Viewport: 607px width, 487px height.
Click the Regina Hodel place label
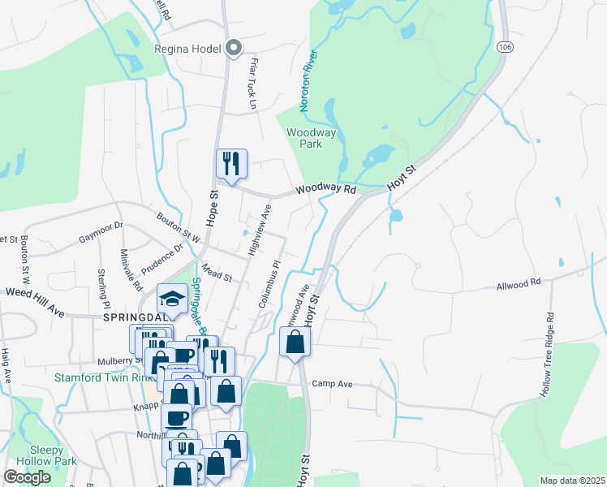point(187,49)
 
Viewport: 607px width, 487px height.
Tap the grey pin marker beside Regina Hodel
point(235,49)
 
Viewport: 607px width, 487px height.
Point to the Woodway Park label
point(305,137)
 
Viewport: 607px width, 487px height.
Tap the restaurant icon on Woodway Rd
point(231,165)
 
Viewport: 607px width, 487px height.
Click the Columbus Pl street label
point(269,283)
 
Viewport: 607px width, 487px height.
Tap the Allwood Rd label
point(519,286)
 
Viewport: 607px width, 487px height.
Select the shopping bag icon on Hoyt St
point(295,343)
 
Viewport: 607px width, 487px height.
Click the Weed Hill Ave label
point(35,291)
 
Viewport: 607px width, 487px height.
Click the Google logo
point(28,476)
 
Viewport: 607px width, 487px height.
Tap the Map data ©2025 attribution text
point(572,481)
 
